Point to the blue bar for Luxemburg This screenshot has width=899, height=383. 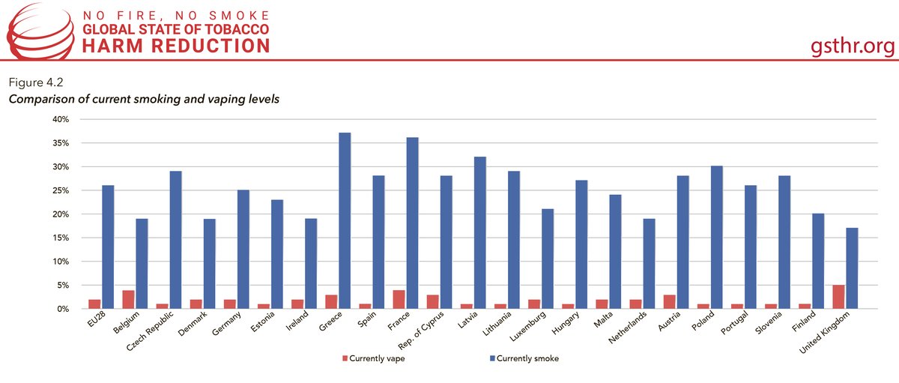click(x=548, y=259)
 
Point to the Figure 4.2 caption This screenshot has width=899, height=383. click(x=36, y=82)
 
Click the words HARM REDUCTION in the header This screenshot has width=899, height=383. click(x=176, y=46)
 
